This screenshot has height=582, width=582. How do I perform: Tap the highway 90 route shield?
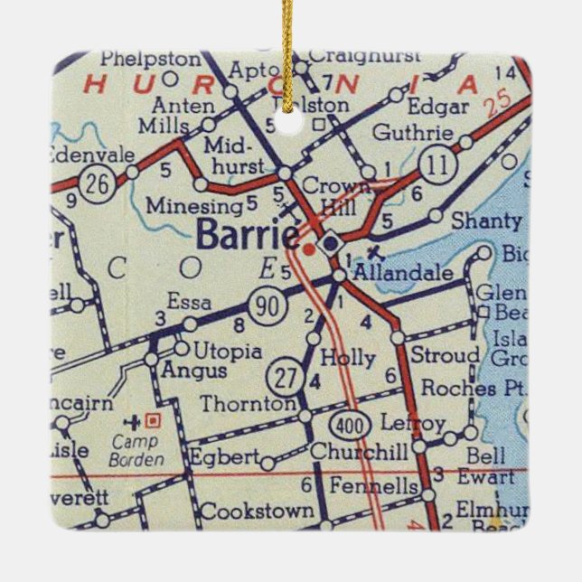(272, 307)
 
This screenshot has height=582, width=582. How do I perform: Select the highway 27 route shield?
(285, 378)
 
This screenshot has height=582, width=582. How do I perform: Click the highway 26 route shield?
(93, 184)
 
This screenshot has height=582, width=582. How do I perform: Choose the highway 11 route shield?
(438, 166)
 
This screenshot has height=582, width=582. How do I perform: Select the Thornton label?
(248, 404)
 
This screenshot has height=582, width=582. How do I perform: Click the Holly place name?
(348, 357)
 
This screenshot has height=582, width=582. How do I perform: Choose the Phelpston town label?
(149, 59)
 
